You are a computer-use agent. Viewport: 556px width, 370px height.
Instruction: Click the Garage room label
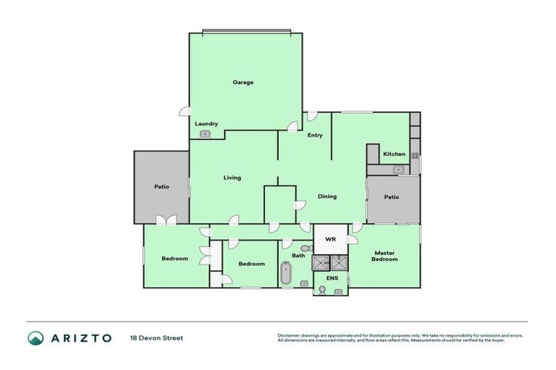[x=243, y=82]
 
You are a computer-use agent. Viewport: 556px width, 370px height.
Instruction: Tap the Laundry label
[x=206, y=124]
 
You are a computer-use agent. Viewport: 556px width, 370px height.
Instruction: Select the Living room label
[x=232, y=178]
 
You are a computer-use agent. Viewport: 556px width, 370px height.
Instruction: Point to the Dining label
[x=327, y=196]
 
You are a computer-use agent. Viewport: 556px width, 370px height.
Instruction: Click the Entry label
[x=315, y=135]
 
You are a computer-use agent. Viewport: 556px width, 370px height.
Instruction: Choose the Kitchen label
[x=395, y=154]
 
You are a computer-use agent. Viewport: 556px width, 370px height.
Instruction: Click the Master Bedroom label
[x=385, y=256]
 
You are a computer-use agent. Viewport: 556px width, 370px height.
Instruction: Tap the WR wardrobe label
[x=330, y=238]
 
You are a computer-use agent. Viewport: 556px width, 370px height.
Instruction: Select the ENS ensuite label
[x=332, y=277]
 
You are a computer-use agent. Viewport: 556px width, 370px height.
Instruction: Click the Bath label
[x=298, y=255]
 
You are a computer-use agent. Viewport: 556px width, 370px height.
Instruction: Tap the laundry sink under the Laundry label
[x=205, y=134]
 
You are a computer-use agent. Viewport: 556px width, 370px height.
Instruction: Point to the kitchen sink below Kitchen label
[x=397, y=170]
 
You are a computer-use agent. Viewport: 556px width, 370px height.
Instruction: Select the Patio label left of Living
[x=161, y=186]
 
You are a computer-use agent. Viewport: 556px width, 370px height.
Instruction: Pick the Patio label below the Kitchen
[x=392, y=197]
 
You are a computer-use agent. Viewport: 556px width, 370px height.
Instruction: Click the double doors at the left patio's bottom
[x=166, y=220]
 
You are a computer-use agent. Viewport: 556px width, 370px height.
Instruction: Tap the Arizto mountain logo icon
[x=35, y=337]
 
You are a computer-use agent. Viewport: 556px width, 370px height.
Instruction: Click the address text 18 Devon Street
[x=156, y=337]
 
